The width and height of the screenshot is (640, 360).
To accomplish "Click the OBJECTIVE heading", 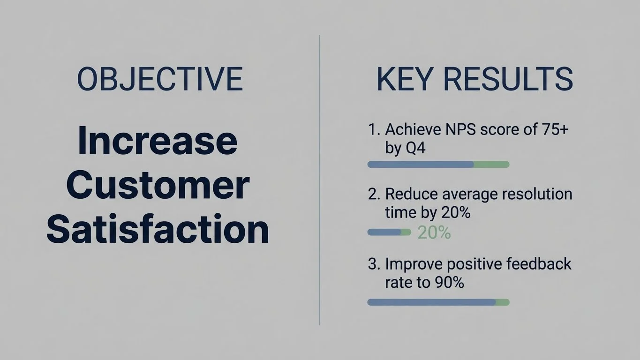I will coord(160,79).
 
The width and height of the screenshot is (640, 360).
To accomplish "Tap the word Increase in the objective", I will coord(158,141).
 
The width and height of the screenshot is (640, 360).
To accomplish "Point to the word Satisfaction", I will coord(158,230).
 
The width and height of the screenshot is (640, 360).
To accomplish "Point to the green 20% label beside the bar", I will coord(434,232).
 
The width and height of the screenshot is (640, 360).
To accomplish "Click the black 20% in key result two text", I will coord(455,213).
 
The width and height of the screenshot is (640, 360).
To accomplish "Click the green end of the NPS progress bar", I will coord(491,165).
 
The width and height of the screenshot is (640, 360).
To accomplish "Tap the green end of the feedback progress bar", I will coord(502,302).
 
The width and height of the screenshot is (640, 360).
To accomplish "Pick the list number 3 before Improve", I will coord(373,264).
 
